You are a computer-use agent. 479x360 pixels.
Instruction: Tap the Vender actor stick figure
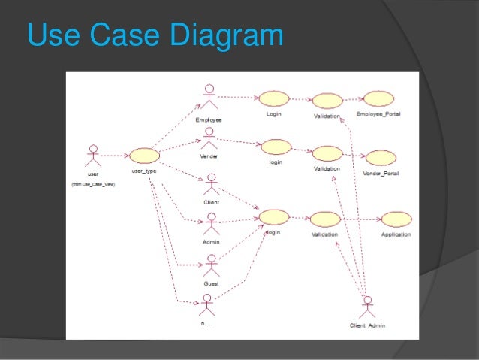pos(209,139)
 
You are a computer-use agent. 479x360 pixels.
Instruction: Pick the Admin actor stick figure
pos(211,224)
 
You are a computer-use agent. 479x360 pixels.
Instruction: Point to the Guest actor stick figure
pos(211,265)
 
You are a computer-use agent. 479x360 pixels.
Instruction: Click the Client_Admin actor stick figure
pos(367,307)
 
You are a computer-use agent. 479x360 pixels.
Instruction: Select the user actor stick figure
pos(92,156)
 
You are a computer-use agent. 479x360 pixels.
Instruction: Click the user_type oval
pos(144,156)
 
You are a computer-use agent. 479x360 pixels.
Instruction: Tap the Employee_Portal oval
pos(378,99)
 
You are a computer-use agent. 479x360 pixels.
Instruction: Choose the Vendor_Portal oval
pos(381,158)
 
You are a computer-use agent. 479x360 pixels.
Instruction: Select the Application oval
pos(396,219)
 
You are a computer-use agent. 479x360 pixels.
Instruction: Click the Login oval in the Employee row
pos(274,98)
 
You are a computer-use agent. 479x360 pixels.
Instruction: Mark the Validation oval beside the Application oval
pos(325,219)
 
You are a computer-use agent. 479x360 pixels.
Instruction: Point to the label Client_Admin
pos(368,325)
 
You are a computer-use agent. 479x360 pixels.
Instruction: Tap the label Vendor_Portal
pos(381,173)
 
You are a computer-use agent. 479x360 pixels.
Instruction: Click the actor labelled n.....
pos(208,304)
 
